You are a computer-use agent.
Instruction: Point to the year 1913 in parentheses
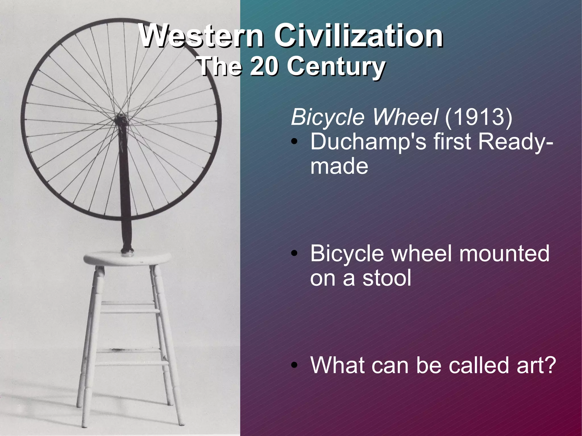479,117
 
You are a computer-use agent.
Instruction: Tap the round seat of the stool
127,258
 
